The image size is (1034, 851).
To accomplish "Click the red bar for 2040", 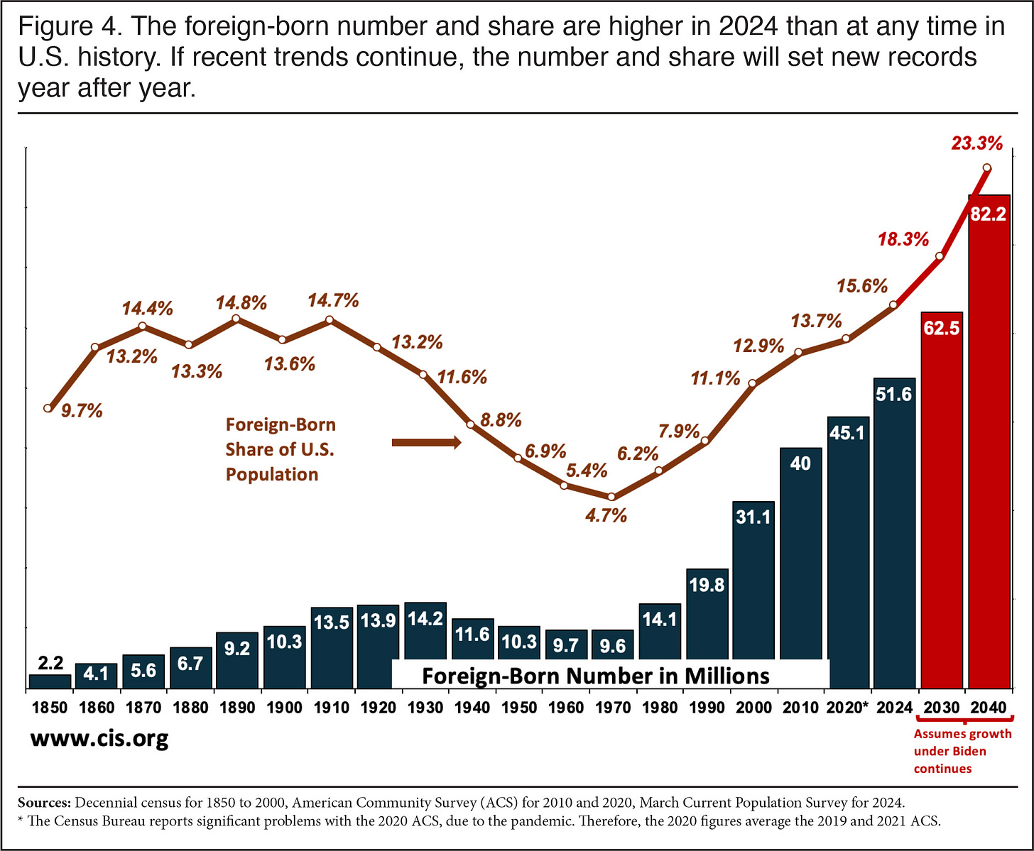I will click(989, 440).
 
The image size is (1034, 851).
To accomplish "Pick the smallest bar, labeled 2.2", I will click(50, 681).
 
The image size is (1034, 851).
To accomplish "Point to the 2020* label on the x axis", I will click(848, 708).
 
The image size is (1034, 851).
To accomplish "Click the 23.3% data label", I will click(976, 144).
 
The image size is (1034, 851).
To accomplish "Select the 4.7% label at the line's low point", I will click(606, 516).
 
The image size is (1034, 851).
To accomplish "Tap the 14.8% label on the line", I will click(241, 303).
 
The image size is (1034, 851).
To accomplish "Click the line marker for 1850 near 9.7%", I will click(48, 408).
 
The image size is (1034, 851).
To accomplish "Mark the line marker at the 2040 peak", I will click(986, 168).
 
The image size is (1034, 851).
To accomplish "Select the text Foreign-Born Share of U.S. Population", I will click(280, 449).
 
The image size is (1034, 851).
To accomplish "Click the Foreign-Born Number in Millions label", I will click(595, 675).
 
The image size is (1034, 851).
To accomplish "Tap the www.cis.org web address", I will click(99, 739).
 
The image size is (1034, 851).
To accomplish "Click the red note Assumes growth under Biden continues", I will click(962, 751).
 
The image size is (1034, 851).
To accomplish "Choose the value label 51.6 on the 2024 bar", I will click(893, 395).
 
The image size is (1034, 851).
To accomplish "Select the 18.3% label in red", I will click(903, 239).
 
